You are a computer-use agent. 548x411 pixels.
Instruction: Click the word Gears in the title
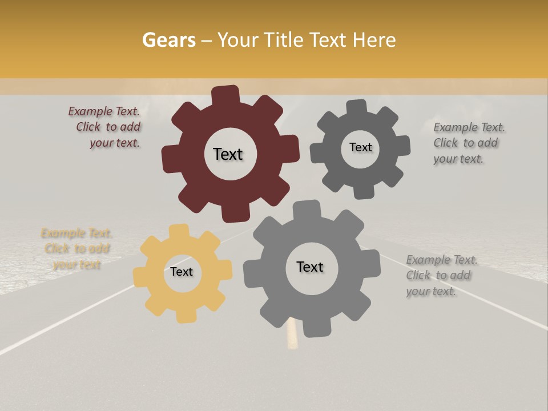coord(168,41)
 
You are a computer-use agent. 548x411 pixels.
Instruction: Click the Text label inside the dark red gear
coord(228,154)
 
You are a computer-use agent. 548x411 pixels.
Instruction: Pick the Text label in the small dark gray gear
coord(360,147)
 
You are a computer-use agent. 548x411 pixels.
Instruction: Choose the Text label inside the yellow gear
coord(182,272)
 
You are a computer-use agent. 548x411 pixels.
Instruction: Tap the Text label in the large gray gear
coord(310,267)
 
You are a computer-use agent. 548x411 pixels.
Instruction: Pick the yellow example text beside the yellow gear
coord(76,249)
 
